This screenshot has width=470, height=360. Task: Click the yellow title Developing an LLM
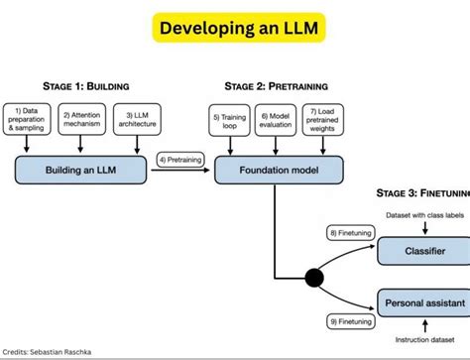click(235, 28)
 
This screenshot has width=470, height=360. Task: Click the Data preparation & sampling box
click(28, 120)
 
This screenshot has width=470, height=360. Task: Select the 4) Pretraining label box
click(183, 158)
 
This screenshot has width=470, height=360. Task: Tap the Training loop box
click(227, 120)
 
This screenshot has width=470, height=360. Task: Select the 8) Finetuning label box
click(352, 233)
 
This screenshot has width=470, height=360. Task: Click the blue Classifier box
click(422, 252)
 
